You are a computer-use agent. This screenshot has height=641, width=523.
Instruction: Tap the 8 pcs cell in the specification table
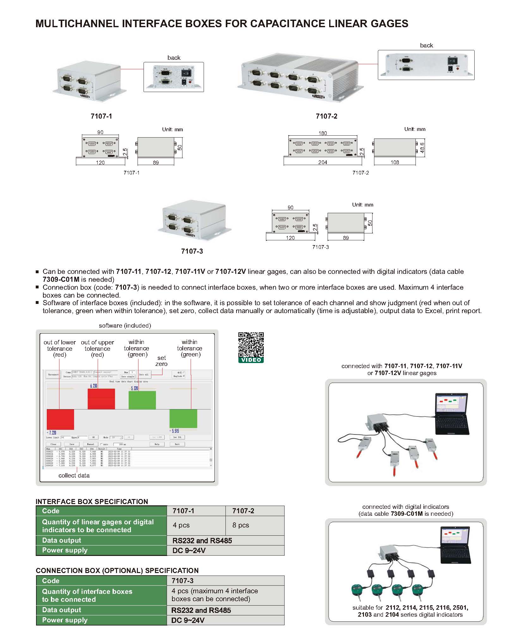(x=241, y=525)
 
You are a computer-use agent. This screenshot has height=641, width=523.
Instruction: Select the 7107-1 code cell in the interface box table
(x=183, y=511)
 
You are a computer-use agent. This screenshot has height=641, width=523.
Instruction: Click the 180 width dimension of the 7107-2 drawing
(x=323, y=133)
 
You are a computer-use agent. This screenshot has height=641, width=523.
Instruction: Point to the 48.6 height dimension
(x=422, y=147)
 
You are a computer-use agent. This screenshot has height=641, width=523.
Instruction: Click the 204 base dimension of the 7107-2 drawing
(x=323, y=162)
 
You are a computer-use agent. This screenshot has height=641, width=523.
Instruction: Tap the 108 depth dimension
(x=395, y=162)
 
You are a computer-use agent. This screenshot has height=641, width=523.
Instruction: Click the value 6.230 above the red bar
(x=94, y=386)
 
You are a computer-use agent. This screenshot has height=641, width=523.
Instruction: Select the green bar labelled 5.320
(x=142, y=400)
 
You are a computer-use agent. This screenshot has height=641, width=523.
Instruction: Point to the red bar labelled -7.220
(x=60, y=419)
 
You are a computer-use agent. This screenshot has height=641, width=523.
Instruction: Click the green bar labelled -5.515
(x=183, y=418)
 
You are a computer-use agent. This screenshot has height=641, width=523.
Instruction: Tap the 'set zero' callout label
(x=161, y=361)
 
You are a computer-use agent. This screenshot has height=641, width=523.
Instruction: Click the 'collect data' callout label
(x=74, y=476)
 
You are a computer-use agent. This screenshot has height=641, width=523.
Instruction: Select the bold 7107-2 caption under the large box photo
(x=326, y=116)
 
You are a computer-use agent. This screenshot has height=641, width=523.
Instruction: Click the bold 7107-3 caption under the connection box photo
(x=192, y=251)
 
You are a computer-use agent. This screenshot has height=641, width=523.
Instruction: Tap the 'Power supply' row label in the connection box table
(x=65, y=620)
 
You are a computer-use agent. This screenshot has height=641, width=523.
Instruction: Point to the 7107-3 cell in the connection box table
(x=182, y=581)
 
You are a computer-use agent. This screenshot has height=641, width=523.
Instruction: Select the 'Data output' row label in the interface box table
(x=62, y=540)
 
